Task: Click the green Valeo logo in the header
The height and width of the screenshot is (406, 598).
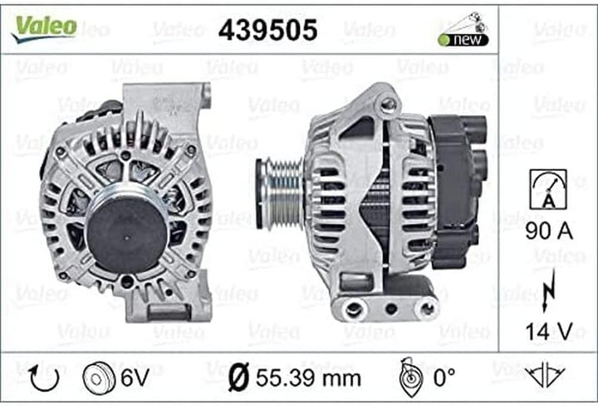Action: coord(45,28)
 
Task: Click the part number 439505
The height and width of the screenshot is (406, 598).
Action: coord(267,30)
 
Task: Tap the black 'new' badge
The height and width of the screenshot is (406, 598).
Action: coord(463,40)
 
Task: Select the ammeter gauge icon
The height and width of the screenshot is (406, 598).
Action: coord(548,189)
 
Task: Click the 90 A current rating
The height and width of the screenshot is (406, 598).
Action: coord(549,231)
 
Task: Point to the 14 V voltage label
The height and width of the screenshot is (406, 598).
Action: coord(549,331)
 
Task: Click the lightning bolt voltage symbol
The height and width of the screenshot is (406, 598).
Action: coord(548,290)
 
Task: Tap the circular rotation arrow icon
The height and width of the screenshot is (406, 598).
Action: coord(44,378)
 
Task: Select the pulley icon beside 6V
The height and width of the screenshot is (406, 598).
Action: coord(99,378)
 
